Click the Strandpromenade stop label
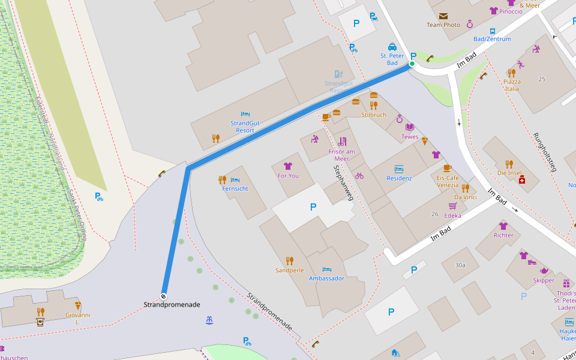172,305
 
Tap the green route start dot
412,64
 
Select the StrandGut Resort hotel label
245,127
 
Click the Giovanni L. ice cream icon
77,305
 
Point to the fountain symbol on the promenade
209,321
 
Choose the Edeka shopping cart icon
452,206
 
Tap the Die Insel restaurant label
509,173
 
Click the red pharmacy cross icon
522,179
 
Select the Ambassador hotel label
326,278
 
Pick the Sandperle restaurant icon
290,260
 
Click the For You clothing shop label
288,176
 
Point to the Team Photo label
443,25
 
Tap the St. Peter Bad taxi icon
392,47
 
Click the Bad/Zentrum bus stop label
492,39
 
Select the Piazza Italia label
512,85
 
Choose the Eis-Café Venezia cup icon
447,168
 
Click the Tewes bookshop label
410,137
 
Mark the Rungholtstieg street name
545,152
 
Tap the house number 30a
460,265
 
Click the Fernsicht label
235,188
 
